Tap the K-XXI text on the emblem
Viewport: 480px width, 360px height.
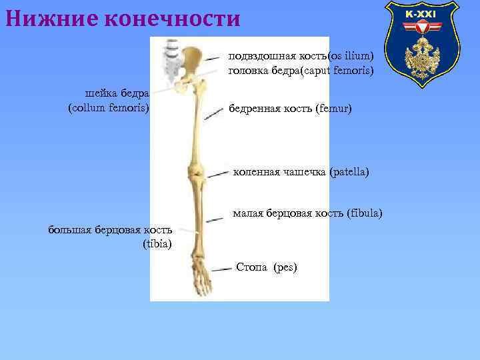coord(421,14)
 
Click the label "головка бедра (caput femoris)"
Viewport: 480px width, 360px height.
coord(301,70)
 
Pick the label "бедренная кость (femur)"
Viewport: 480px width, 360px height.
coord(290,108)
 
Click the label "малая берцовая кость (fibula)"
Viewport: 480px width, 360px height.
coord(307,213)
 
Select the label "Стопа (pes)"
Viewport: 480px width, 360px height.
coord(267,267)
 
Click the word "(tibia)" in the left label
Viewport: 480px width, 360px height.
coord(157,243)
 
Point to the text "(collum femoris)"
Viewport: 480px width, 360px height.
coord(109,107)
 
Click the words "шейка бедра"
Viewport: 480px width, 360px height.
coord(117,93)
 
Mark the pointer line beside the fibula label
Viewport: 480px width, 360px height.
coord(215,218)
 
